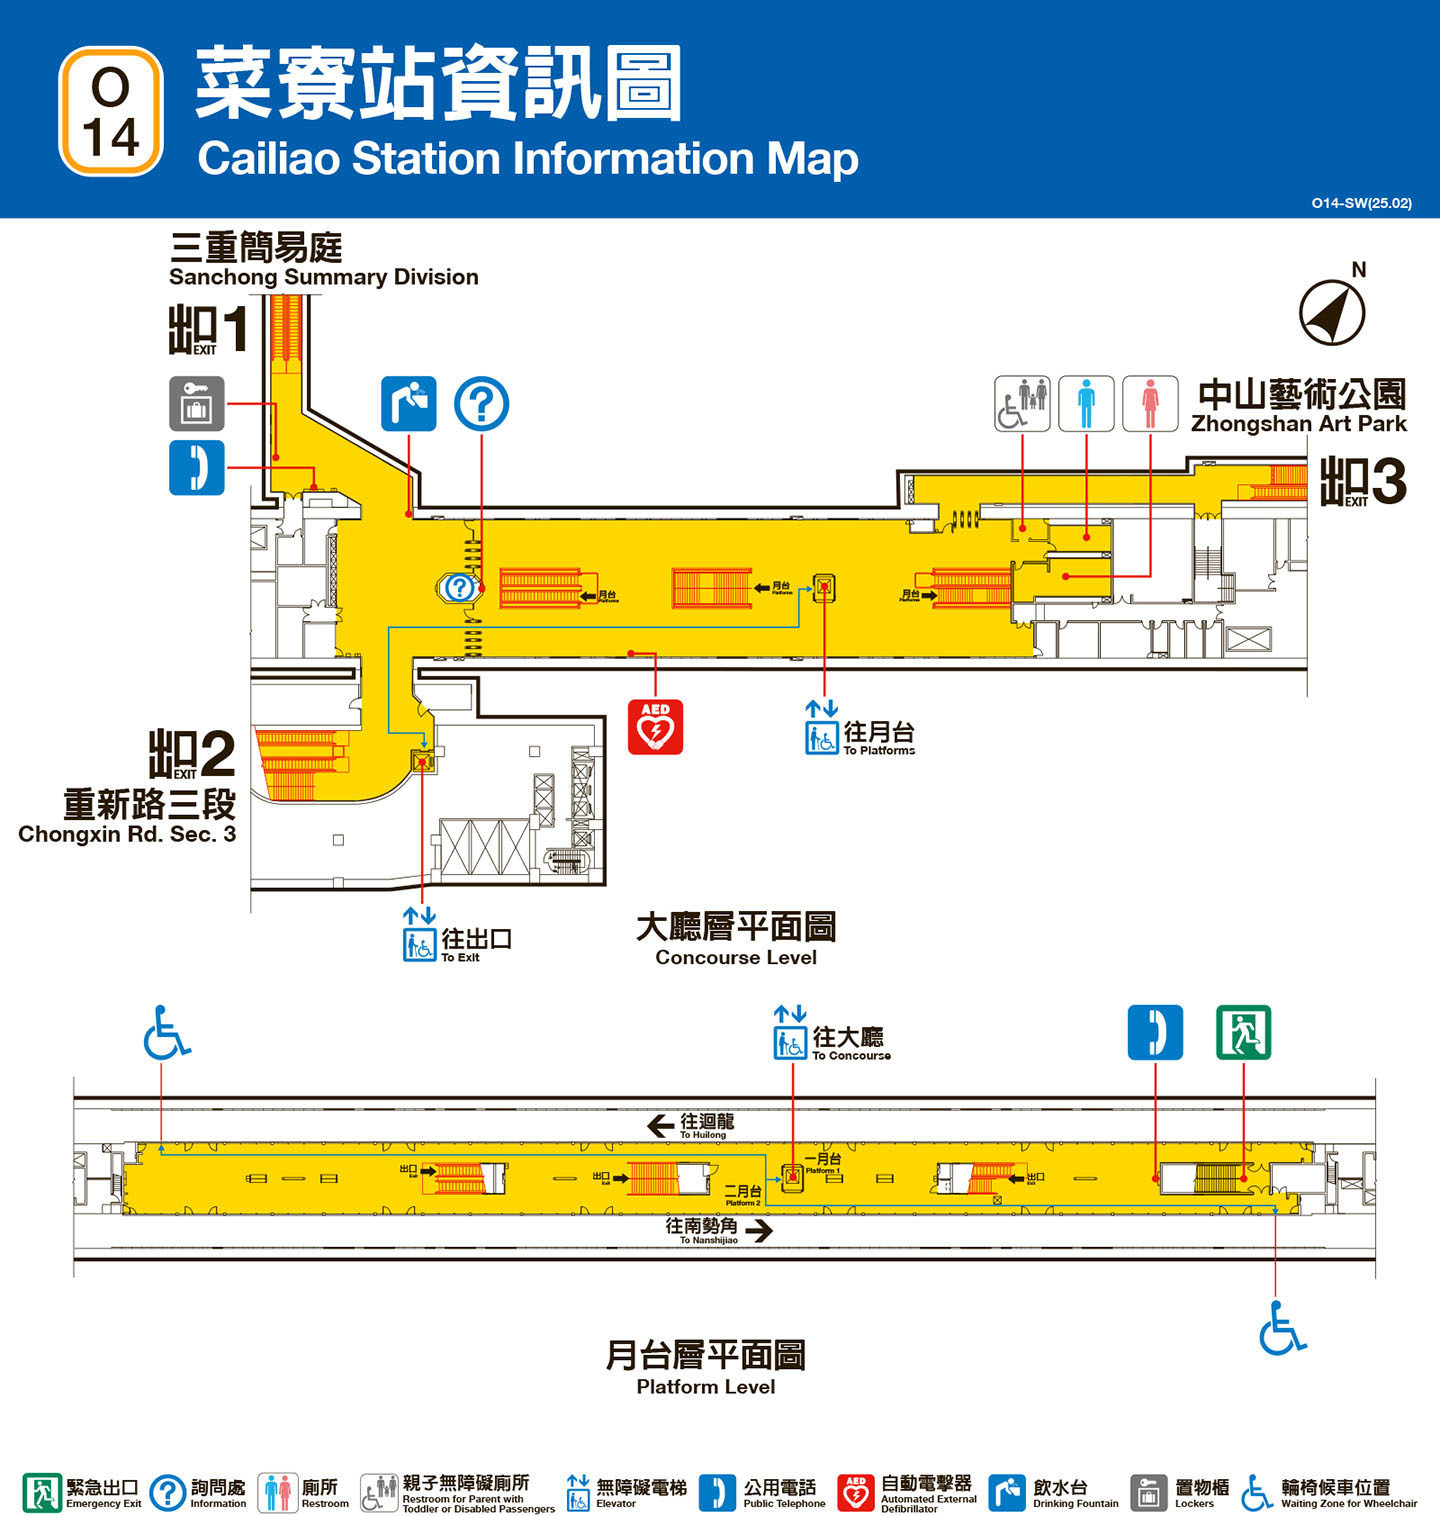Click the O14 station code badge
111,111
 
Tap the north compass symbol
1332,312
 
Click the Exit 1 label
207,329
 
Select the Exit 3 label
1363,481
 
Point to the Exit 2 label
192,754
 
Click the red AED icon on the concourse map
655,726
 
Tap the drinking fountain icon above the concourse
408,404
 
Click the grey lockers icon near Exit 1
196,404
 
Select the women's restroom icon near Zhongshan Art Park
1150,404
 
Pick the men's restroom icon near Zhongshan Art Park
1086,404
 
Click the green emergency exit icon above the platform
1243,1032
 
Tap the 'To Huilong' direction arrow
661,1126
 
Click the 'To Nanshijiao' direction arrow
759,1230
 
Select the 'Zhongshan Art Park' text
1298,424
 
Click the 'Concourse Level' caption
736,957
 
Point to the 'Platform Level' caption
706,1387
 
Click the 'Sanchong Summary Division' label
323,277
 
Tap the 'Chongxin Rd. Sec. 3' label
127,834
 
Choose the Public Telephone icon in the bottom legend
717,1492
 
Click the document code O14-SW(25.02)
1361,203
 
